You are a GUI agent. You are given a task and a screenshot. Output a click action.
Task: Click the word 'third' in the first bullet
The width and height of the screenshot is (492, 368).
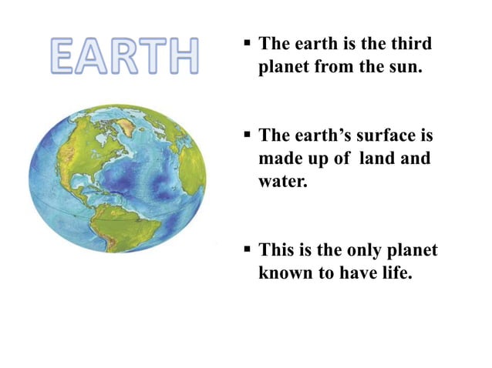pyautogui.click(x=411, y=45)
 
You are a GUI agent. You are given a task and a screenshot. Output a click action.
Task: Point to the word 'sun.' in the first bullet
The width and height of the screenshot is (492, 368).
pyautogui.click(x=404, y=67)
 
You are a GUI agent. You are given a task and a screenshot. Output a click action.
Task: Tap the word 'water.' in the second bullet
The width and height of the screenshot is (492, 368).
pyautogui.click(x=281, y=182)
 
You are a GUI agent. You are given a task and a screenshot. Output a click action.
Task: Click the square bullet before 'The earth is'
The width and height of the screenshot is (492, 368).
pyautogui.click(x=248, y=43)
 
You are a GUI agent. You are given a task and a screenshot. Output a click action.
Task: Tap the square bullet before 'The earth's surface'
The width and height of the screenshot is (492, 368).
pyautogui.click(x=248, y=135)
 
